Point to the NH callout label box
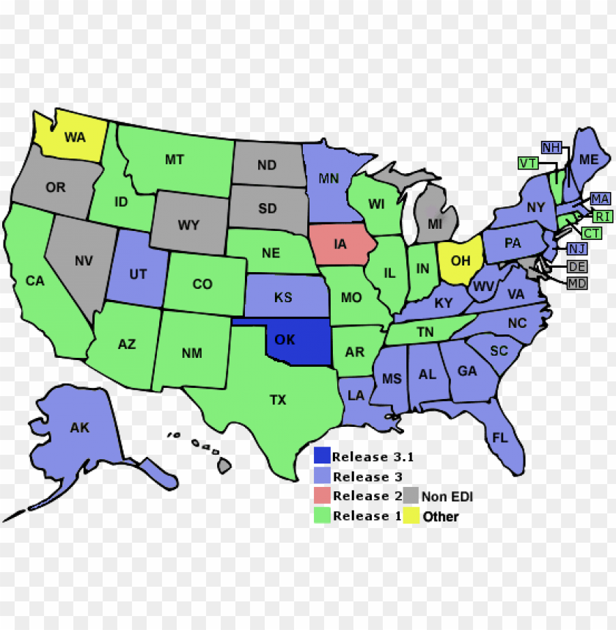[x=551, y=147]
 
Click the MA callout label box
[x=600, y=199]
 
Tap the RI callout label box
[x=603, y=216]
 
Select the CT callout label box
[x=592, y=233]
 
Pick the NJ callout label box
[x=577, y=249]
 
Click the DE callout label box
[x=577, y=266]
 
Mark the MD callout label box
[x=577, y=283]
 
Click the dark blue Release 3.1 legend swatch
[x=321, y=456]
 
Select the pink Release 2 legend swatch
[x=321, y=496]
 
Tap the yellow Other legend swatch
[x=411, y=516]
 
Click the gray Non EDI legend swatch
[x=411, y=496]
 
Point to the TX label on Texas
[x=278, y=400]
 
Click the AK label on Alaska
[x=79, y=427]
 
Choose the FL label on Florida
[x=500, y=438]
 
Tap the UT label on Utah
[x=138, y=274]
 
